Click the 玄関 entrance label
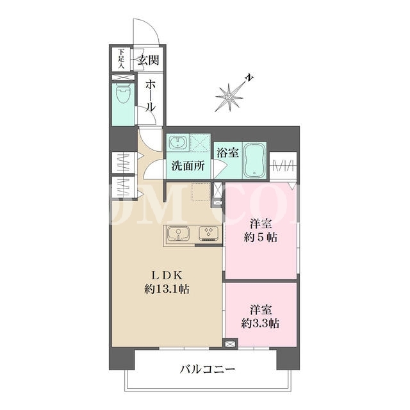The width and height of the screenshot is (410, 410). [149, 60]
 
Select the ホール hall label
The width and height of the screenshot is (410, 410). [151, 95]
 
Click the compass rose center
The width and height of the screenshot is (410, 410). [229, 97]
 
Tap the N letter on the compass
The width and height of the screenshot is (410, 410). [249, 78]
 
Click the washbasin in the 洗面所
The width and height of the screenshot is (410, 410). [177, 142]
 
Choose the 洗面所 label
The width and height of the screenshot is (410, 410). [188, 166]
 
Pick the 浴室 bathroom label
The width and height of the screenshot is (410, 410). [227, 152]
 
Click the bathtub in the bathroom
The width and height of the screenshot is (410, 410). [254, 161]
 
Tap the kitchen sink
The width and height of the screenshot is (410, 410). [179, 233]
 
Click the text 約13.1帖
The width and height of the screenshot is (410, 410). [167, 289]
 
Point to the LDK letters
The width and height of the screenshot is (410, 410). [167, 275]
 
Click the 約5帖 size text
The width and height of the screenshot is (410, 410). [261, 238]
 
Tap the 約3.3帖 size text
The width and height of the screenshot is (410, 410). [260, 324]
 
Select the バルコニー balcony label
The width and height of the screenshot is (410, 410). [208, 370]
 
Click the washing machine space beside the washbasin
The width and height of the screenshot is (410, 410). [200, 143]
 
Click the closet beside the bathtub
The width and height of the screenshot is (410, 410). [283, 165]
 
